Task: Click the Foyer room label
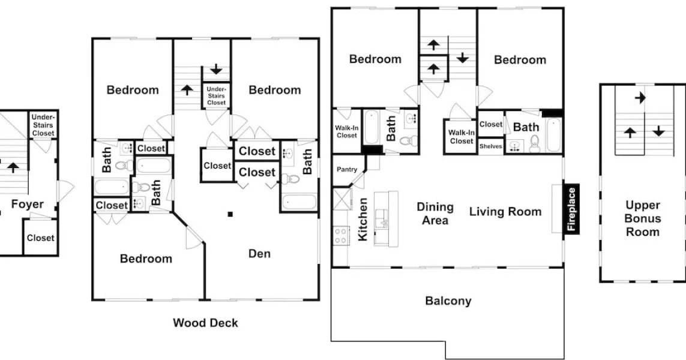pyautogui.click(x=28, y=205)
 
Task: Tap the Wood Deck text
pyautogui.click(x=205, y=323)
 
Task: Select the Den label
pyautogui.click(x=259, y=254)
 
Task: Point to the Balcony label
pyautogui.click(x=448, y=301)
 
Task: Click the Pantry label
pyautogui.click(x=347, y=170)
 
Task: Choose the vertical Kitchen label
pyautogui.click(x=363, y=219)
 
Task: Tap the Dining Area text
pyautogui.click(x=435, y=214)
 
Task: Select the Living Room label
pyautogui.click(x=505, y=211)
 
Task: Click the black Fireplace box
pyautogui.click(x=571, y=209)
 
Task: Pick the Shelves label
pyautogui.click(x=490, y=146)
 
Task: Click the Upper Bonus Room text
pyautogui.click(x=642, y=218)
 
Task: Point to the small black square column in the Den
pyautogui.click(x=230, y=214)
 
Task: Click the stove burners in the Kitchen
pyautogui.click(x=341, y=235)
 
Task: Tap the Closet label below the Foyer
pyautogui.click(x=40, y=238)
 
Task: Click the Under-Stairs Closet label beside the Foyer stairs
pyautogui.click(x=43, y=125)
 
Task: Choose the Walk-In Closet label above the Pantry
pyautogui.click(x=346, y=131)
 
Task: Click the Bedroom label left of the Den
pyautogui.click(x=146, y=259)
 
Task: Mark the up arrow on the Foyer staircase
pyautogui.click(x=13, y=167)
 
